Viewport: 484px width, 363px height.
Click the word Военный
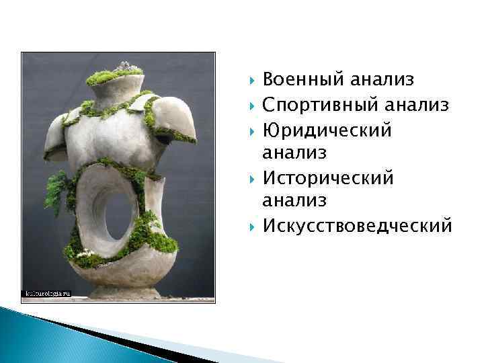tap(303, 81)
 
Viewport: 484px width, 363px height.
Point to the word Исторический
tap(328, 177)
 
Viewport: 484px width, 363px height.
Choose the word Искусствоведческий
tap(357, 225)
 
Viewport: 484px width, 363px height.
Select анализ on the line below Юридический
tap(294, 153)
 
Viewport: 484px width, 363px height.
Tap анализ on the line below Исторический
tap(294, 201)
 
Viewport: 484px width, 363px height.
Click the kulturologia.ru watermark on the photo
tap(48, 294)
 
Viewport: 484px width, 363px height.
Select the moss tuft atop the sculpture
tap(115, 74)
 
